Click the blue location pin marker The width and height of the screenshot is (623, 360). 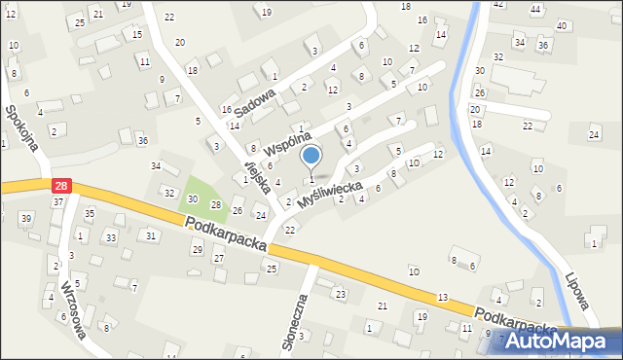point(311,156)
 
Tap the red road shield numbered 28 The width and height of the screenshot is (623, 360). point(60,185)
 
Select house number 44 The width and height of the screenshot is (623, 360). point(535,9)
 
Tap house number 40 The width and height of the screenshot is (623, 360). point(562,25)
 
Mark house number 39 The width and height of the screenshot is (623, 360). point(26,217)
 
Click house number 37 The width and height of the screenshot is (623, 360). point(58,201)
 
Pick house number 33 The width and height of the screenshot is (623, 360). point(111,237)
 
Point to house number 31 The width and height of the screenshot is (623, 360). point(150,235)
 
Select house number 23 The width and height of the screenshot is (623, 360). point(341,294)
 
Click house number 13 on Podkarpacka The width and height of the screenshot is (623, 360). point(443,297)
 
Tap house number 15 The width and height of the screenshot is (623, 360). point(137,34)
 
